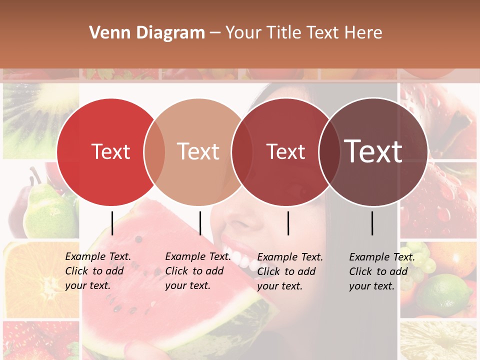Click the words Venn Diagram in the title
point(147,33)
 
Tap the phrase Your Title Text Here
point(303,33)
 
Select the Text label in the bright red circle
point(110,152)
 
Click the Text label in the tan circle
point(198,152)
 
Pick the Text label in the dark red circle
point(285,152)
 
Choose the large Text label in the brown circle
point(373,151)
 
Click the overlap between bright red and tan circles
point(154,152)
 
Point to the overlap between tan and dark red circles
point(242,152)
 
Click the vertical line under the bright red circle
point(112,223)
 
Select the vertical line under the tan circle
point(200,223)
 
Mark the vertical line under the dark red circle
point(288,223)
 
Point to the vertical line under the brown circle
point(372,223)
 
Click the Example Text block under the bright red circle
point(97,271)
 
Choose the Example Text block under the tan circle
point(197,271)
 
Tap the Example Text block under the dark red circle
point(289,271)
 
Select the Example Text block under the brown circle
point(381,271)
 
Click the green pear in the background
point(47,210)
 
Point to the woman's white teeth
point(239,255)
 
